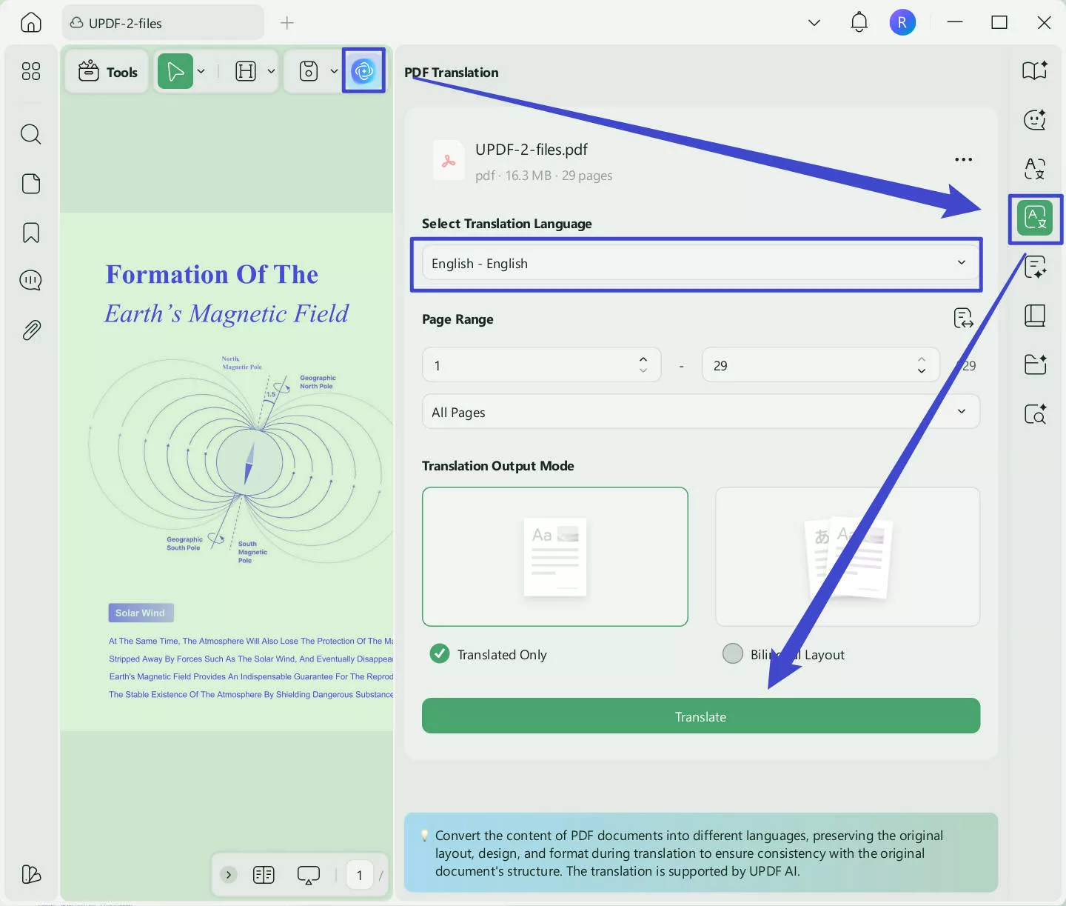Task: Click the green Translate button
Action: tap(700, 716)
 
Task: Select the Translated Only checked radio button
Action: tap(440, 653)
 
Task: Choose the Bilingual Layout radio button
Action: tap(732, 653)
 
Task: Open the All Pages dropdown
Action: tap(700, 412)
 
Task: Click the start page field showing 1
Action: tap(533, 365)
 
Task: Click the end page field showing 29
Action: tap(811, 365)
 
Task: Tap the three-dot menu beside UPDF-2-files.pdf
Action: tap(963, 160)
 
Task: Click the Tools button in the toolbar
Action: tap(108, 72)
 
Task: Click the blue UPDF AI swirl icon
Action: tap(363, 71)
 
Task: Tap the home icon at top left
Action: tap(31, 23)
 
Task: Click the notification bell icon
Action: tap(859, 23)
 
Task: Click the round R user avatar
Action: tap(902, 23)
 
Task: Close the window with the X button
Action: tap(1044, 23)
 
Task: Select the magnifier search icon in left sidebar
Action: tap(31, 134)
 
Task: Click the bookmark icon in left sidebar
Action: tap(31, 233)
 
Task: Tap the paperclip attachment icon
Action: tap(31, 330)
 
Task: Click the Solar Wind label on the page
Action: tap(141, 613)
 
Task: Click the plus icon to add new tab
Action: tap(287, 23)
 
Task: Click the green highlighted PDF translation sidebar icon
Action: tap(1034, 219)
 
